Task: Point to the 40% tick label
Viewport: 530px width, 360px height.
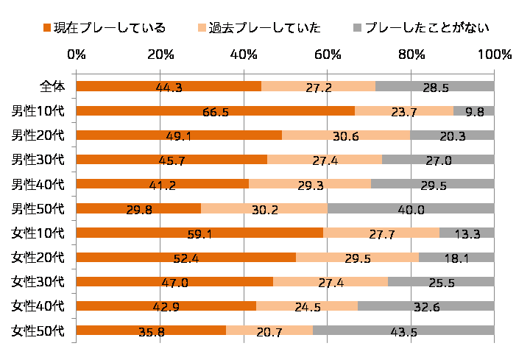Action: [x=244, y=54]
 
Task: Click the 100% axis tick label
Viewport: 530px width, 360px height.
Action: [x=494, y=54]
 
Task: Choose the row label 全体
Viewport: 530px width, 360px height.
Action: [x=52, y=86]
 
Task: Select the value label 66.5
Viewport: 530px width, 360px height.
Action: [x=215, y=112]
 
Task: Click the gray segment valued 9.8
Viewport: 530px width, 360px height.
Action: [x=474, y=111]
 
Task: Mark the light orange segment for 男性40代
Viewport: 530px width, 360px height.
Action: [x=310, y=184]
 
